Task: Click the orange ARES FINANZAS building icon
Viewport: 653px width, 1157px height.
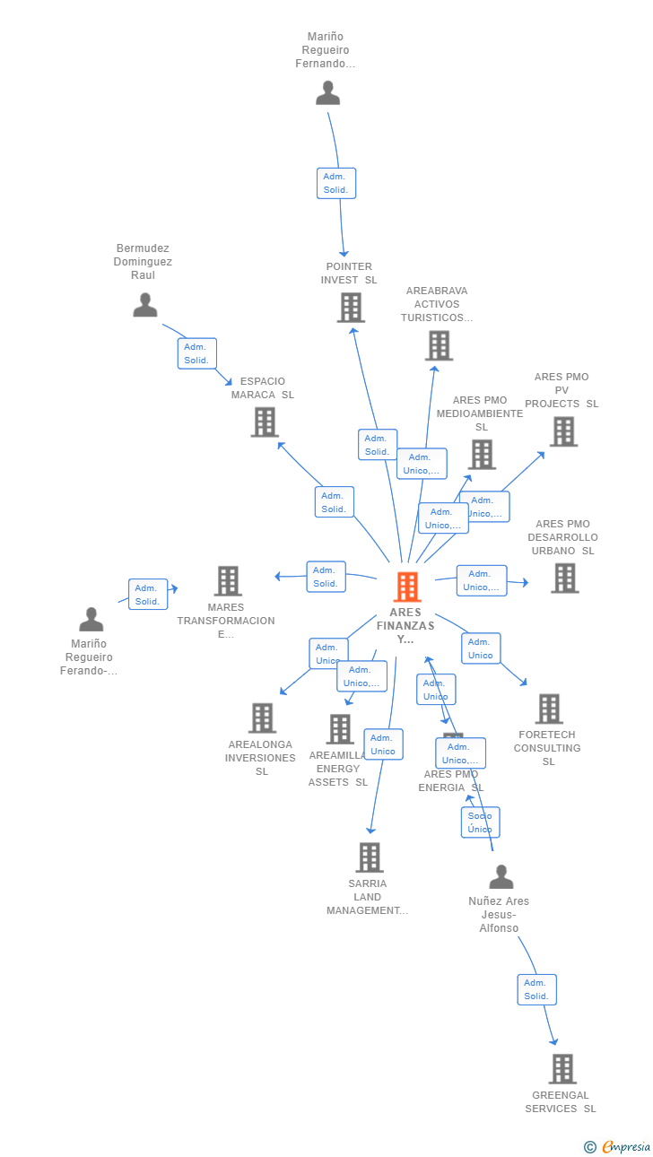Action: [407, 587]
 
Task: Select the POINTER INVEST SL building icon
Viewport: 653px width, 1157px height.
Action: [350, 308]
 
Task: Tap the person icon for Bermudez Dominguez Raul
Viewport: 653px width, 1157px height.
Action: [144, 305]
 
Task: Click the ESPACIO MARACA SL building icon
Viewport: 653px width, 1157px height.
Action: [264, 422]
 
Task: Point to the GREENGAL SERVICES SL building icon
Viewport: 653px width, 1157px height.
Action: [562, 1068]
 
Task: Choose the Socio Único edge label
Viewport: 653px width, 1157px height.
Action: [480, 822]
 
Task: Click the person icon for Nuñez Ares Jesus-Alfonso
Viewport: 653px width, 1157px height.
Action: [501, 876]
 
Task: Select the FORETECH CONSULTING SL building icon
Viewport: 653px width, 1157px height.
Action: [549, 709]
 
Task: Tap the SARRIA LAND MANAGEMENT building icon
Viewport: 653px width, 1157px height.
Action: [369, 857]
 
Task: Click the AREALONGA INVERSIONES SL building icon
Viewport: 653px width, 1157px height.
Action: [262, 718]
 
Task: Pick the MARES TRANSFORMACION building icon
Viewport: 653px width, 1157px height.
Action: [228, 581]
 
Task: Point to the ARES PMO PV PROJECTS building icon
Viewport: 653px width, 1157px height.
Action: [563, 431]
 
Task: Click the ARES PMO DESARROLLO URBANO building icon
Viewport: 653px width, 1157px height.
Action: [564, 578]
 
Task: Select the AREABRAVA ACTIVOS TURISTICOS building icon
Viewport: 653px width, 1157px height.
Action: [439, 345]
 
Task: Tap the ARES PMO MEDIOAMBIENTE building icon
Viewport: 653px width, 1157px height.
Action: [482, 454]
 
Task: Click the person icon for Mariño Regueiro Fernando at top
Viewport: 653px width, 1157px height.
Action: [327, 92]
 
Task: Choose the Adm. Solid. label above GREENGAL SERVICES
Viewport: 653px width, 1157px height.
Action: [536, 989]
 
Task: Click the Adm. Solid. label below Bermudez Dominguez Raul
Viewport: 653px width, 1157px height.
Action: [196, 353]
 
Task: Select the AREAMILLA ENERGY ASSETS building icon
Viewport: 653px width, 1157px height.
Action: [339, 729]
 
